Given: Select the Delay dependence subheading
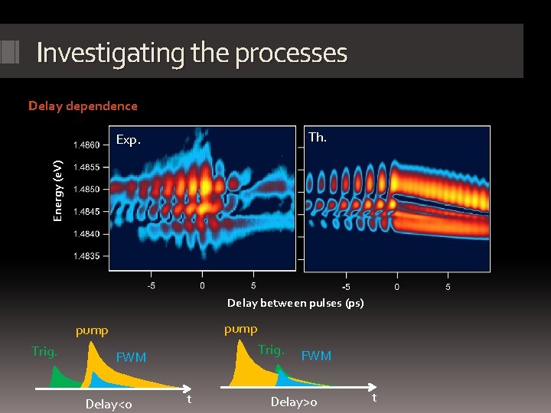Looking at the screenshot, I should (83, 106).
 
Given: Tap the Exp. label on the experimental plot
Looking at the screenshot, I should (129, 140).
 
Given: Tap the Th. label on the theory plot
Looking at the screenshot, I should (317, 138).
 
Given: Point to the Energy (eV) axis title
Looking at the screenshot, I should (57, 190).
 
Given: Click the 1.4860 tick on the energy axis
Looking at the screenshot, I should (86, 145).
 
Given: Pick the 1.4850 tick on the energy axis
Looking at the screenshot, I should (86, 189).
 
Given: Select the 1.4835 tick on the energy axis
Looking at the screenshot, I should (86, 256).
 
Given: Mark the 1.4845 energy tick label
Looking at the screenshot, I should (86, 211).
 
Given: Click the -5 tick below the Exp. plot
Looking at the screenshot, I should (152, 286).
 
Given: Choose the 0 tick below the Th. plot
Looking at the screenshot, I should (396, 287).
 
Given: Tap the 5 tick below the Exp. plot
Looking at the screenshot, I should (253, 286).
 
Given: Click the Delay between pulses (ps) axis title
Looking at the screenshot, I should (295, 303).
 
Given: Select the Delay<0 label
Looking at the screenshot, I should (109, 404).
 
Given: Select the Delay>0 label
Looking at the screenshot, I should (294, 402).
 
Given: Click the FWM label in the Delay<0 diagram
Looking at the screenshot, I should (130, 357).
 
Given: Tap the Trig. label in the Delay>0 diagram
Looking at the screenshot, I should (271, 350).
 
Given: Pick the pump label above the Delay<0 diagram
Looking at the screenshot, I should (92, 331).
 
